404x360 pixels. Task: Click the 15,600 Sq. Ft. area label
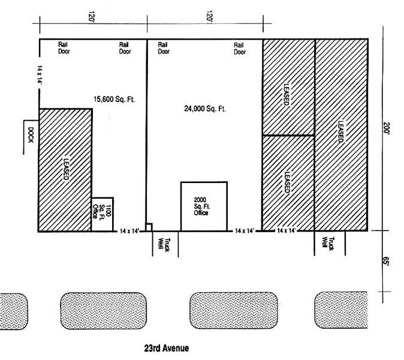pyautogui.click(x=113, y=99)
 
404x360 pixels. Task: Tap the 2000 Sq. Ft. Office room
pyautogui.click(x=204, y=206)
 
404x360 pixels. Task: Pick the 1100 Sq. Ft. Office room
pyautogui.click(x=102, y=214)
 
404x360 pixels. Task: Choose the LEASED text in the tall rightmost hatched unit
pyautogui.click(x=340, y=131)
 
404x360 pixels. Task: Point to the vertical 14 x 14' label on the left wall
pyautogui.click(x=40, y=78)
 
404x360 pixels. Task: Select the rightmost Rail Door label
pyautogui.click(x=240, y=48)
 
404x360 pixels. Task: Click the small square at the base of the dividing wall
pyautogui.click(x=149, y=227)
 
